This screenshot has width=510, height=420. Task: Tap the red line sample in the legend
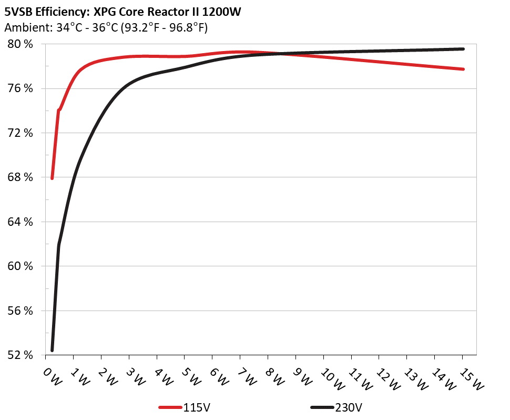coord(170,407)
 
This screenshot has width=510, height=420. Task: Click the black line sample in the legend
coord(322,407)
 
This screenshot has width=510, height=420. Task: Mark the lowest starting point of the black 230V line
coord(52,350)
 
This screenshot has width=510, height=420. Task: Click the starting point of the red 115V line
coord(52,178)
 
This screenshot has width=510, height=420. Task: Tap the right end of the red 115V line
coord(463,69)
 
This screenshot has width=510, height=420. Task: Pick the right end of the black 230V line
coord(463,49)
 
